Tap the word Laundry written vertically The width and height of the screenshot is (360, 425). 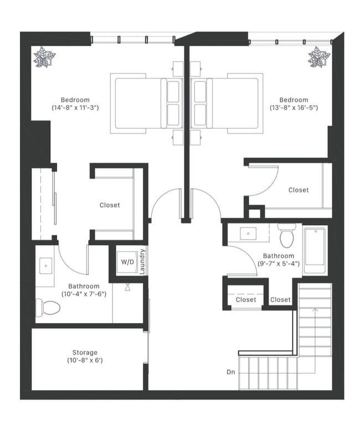142,261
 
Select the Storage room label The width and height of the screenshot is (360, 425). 85,353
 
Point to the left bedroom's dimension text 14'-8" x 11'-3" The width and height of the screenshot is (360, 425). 75,107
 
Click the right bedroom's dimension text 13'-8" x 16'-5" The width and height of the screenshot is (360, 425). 294,107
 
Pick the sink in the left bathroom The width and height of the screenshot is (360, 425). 45,266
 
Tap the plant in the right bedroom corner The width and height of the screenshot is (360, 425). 318,58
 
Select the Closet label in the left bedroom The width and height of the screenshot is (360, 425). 110,205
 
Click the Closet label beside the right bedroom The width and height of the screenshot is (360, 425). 299,190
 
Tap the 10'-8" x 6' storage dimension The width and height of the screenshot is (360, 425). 85,361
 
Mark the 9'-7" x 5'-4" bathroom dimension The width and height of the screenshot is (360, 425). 278,263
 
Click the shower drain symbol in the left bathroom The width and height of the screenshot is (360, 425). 127,288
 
